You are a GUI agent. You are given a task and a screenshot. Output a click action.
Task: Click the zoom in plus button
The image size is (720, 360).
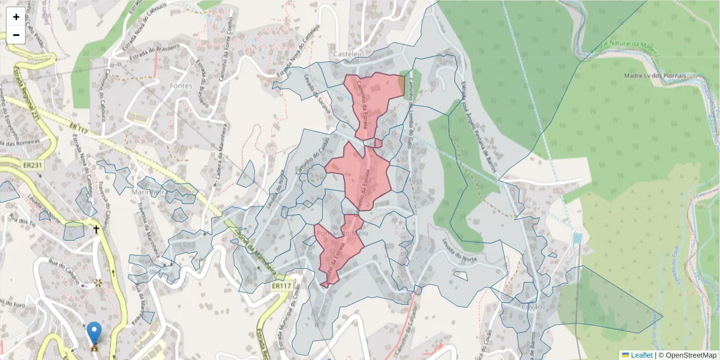(x=16, y=17)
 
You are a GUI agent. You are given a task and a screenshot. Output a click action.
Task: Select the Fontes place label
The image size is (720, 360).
(x=181, y=86)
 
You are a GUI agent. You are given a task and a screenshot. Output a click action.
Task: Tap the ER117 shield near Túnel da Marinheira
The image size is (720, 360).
(x=281, y=287)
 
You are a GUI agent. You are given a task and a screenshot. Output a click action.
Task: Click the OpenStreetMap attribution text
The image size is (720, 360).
(x=688, y=355)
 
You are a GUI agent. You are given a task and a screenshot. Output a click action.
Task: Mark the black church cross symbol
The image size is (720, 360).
(x=95, y=229)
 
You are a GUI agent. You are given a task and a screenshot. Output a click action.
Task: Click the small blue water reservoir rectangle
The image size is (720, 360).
(x=577, y=239)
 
